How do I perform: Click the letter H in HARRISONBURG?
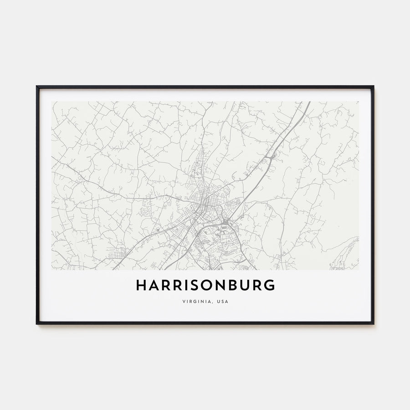pyautogui.click(x=141, y=285)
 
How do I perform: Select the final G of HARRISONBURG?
pyautogui.click(x=270, y=285)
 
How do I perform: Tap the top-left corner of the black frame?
pyautogui.click(x=37, y=87)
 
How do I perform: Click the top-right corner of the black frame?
pyautogui.click(x=373, y=87)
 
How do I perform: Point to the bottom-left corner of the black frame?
pyautogui.click(x=37, y=323)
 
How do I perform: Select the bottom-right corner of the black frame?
pyautogui.click(x=373, y=323)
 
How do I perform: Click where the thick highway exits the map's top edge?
pyautogui.click(x=309, y=102)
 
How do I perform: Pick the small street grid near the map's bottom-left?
pyautogui.click(x=121, y=253)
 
